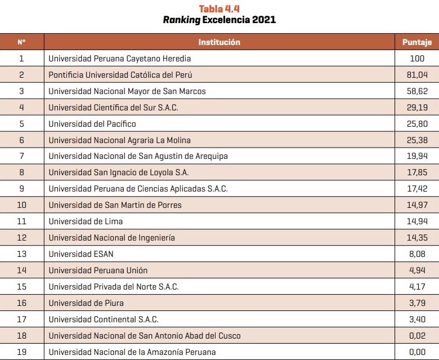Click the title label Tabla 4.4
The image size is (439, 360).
tap(219, 8)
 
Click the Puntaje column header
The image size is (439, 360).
tap(417, 42)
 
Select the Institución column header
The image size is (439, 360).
tap(219, 42)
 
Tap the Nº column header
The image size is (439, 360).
tap(21, 42)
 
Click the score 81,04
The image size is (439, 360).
tap(417, 74)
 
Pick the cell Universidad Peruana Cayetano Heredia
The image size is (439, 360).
tap(119, 58)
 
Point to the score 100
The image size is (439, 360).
tap(417, 58)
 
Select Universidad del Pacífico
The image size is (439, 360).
tap(92, 123)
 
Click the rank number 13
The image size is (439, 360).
tap(21, 254)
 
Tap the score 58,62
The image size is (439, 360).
tap(417, 91)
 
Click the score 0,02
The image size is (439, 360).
tap(417, 336)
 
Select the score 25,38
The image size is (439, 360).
tap(417, 140)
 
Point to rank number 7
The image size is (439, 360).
tap(21, 156)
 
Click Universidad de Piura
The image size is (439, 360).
tap(86, 303)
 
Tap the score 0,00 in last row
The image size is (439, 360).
tap(417, 352)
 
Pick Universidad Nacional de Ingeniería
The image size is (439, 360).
tap(111, 238)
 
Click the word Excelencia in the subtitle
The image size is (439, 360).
tap(221, 20)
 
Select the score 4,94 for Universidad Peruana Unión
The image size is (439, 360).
tap(417, 270)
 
